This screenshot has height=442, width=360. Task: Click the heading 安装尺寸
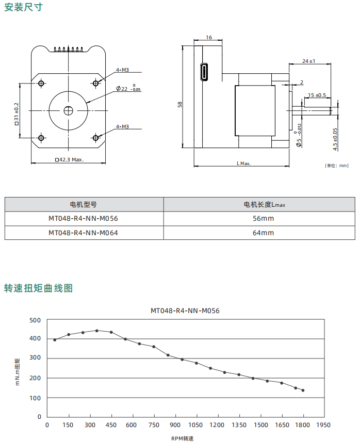tap(23, 7)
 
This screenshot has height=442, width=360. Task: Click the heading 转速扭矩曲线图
tap(38, 288)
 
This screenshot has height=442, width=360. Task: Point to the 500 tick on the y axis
tap(35, 320)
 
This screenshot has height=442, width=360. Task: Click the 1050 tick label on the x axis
tap(196, 425)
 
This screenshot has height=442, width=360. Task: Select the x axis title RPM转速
tap(183, 438)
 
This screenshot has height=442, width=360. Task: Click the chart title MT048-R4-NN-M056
tap(185, 310)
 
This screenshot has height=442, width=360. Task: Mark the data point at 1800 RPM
tap(303, 390)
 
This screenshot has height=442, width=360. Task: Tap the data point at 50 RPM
tap(55, 339)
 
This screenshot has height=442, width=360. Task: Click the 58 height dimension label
tap(180, 104)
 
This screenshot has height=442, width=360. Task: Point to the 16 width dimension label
tap(209, 38)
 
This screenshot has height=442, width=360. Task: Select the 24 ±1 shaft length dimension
tap(309, 61)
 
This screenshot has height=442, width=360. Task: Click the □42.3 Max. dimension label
tap(69, 159)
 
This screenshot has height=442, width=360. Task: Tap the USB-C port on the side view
tap(204, 72)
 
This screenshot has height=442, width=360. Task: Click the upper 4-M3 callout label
tap(122, 70)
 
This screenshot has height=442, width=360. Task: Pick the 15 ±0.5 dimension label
tap(317, 95)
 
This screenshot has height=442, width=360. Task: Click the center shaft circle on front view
tap(69, 110)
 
